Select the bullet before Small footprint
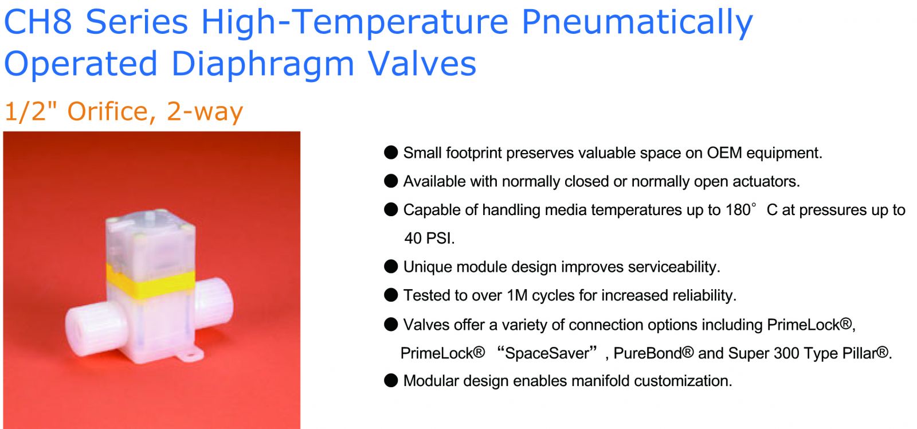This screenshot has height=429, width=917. click(x=391, y=153)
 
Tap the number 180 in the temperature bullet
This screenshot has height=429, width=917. click(x=738, y=210)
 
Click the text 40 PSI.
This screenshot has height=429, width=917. click(x=429, y=238)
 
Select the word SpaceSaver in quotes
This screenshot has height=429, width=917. click(x=547, y=353)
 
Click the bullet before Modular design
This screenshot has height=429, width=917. click(x=391, y=380)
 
